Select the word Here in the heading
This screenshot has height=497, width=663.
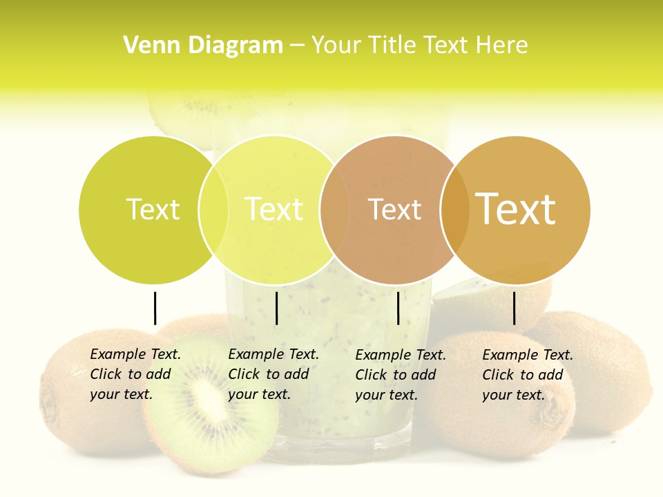pyautogui.click(x=503, y=46)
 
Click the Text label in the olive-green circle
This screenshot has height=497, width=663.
pyautogui.click(x=153, y=209)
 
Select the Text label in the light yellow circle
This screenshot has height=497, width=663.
pyautogui.click(x=274, y=209)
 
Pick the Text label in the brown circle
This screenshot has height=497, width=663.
pyautogui.click(x=394, y=209)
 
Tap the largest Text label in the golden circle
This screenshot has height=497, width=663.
pyautogui.click(x=516, y=209)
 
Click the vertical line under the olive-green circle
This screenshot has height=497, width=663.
pyautogui.click(x=155, y=308)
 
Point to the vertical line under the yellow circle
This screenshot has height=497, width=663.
pyautogui.click(x=276, y=308)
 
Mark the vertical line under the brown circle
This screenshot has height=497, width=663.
pyautogui.click(x=398, y=308)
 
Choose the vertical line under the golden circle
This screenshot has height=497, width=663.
pyautogui.click(x=515, y=308)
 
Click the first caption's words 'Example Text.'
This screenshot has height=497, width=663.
pyautogui.click(x=135, y=354)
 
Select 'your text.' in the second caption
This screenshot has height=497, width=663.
pyautogui.click(x=259, y=394)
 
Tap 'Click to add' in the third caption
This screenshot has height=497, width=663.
pyautogui.click(x=396, y=375)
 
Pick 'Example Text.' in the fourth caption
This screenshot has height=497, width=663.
pyautogui.click(x=528, y=355)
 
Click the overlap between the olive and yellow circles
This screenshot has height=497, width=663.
pyautogui.click(x=213, y=209)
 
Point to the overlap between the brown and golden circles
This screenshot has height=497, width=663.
pyautogui.click(x=455, y=209)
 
